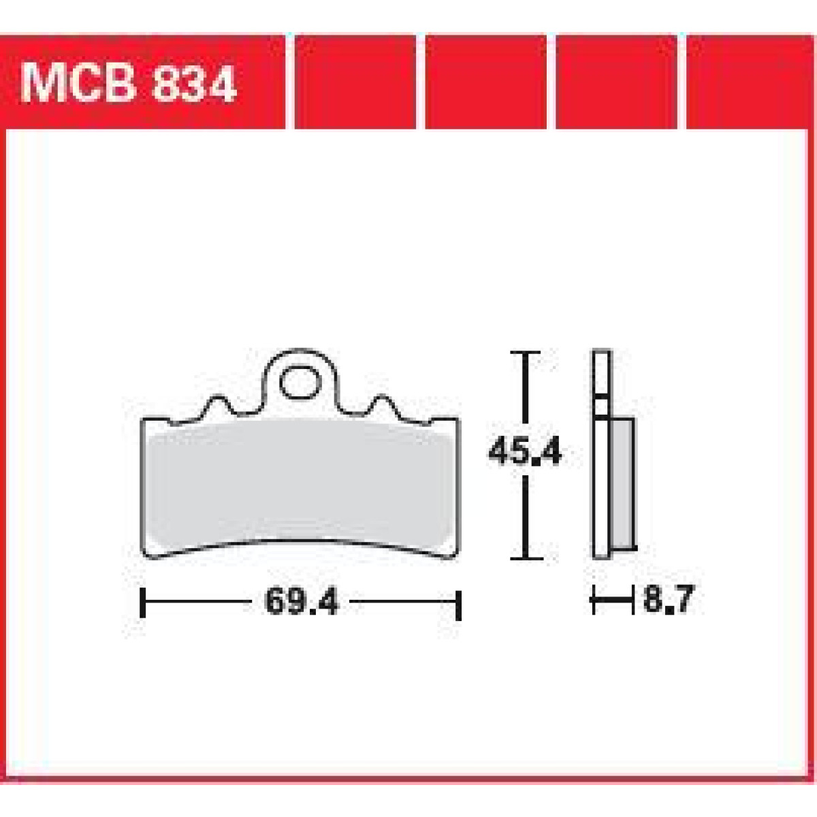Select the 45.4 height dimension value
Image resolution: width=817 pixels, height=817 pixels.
coord(525,451)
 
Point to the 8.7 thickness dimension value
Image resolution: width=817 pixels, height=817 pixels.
coord(667,600)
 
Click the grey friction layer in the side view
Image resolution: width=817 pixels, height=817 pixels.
coord(623,483)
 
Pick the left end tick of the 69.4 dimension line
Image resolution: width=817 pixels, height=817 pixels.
coord(142,603)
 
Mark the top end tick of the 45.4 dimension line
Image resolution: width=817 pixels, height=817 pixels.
coord(525,353)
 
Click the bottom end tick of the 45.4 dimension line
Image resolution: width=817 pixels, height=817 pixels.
coord(525,558)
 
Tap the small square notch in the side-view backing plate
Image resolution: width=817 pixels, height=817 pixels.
coord(601,407)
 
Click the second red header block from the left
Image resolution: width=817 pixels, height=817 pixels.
coord(355,81)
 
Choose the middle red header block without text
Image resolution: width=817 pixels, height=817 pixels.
coord(485,81)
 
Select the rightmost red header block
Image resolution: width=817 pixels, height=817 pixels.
coord(749,81)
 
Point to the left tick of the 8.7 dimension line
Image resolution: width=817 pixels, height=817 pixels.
coord(594,601)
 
